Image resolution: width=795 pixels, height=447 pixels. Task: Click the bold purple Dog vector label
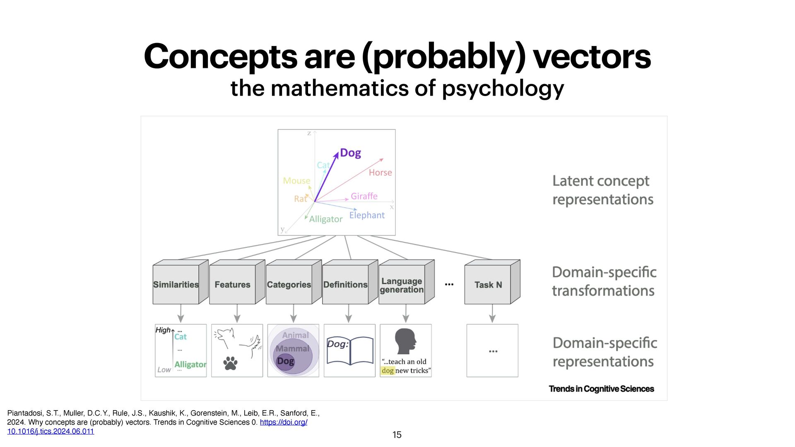point(350,153)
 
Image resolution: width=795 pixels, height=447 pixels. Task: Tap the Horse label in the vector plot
point(380,173)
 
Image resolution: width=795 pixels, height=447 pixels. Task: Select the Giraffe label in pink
point(364,196)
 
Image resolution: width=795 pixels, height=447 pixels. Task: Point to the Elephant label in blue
point(367,215)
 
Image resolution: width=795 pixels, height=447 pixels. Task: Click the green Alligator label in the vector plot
point(326,219)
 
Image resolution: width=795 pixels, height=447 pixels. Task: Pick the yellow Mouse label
point(296,181)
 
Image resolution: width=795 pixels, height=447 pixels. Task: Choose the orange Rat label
point(300,199)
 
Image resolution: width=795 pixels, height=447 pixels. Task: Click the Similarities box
point(176,285)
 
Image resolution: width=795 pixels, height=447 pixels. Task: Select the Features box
point(232,285)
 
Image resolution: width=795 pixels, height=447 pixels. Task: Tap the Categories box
point(289,285)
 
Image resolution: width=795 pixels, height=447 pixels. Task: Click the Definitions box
point(345,285)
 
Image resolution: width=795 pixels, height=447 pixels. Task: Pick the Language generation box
point(402,285)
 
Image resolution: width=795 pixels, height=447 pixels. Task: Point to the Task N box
point(488,285)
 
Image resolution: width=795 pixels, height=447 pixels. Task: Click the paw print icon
point(230,363)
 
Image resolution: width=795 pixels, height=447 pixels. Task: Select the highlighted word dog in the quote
point(388,371)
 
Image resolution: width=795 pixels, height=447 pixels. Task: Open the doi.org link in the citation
point(283,422)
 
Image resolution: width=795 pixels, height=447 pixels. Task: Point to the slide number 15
point(397,435)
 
